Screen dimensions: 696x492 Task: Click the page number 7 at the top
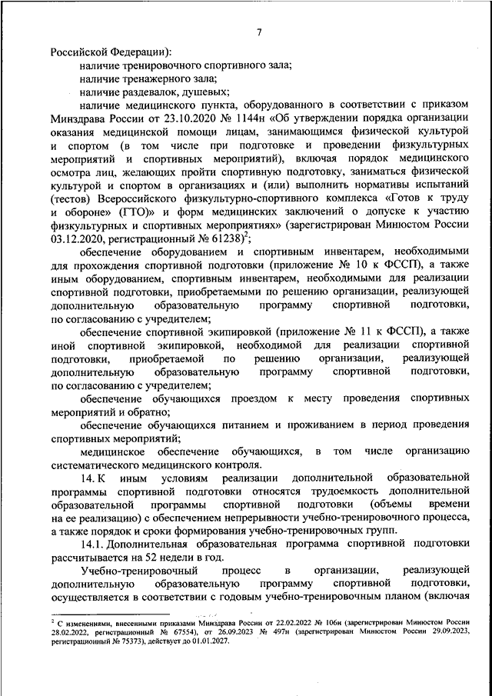coord(259,32)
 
